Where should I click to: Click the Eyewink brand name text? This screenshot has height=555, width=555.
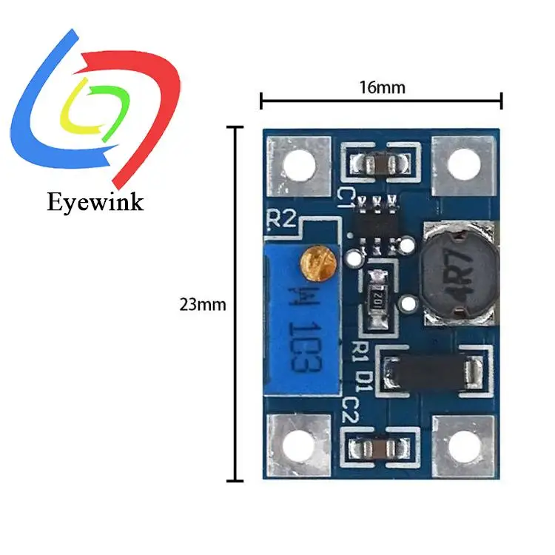coord(95,201)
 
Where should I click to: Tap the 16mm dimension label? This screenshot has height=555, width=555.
coord(382,87)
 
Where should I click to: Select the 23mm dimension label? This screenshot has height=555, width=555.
coord(202,304)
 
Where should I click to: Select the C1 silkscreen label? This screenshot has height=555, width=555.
coord(346,197)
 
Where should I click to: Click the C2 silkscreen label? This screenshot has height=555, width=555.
coord(351,408)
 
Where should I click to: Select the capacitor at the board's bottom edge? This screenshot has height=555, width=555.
coord(379,448)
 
